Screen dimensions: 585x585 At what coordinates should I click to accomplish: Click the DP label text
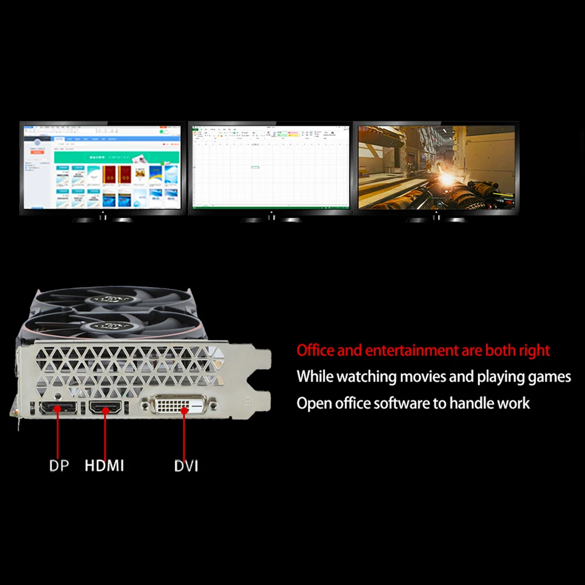[59, 466]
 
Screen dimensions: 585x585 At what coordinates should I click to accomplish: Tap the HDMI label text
[104, 466]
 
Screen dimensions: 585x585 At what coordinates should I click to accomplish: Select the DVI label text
[186, 466]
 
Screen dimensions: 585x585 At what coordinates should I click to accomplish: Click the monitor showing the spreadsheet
[270, 167]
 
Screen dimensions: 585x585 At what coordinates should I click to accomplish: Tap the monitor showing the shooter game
[436, 167]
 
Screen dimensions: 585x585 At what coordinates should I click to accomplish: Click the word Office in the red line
[316, 350]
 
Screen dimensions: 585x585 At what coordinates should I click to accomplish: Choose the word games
[548, 377]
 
